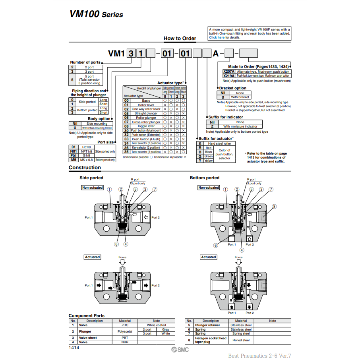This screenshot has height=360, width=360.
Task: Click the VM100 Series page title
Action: point(97,14)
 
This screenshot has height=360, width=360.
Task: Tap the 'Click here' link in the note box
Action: point(217,37)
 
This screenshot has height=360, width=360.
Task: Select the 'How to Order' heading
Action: point(180,39)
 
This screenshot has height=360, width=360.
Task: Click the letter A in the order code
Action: point(215,53)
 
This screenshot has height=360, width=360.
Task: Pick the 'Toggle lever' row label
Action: point(143,126)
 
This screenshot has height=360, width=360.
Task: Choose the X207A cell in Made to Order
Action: point(229,72)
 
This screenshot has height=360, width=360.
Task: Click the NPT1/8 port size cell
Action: point(86,151)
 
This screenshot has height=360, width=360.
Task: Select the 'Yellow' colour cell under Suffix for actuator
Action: point(209,161)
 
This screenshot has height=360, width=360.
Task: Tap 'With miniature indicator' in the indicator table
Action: point(240,126)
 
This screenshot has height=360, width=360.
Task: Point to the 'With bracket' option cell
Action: point(240,97)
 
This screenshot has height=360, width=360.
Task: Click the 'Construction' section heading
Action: point(85,168)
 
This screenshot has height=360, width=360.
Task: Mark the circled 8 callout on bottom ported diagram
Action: point(274,207)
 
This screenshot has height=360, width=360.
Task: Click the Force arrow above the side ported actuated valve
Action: point(122,262)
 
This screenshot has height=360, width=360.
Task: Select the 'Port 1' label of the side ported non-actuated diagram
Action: point(89,217)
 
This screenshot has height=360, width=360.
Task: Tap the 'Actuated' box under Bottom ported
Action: point(208,257)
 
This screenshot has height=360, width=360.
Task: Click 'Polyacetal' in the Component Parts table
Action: point(125,331)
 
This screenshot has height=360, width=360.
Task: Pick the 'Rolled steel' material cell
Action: point(241,340)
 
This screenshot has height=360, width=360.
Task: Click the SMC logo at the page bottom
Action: point(180,350)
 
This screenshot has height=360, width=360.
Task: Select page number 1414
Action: point(74,348)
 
